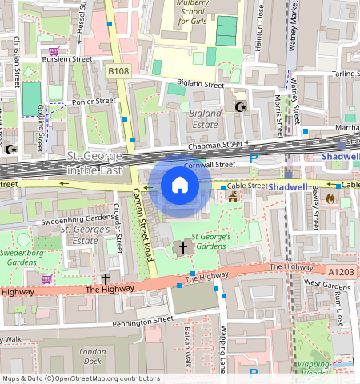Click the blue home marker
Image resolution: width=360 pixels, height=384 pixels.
180,186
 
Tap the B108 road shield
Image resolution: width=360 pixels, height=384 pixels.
118,71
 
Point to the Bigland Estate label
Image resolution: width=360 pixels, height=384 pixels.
204,119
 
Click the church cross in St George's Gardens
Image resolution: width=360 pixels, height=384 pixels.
182,248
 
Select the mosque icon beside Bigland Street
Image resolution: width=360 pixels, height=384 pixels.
239,106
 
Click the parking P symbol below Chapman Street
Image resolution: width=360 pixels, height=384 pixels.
254,158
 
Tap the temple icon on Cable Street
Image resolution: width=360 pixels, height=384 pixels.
233,196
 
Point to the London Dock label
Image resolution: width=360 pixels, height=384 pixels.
93,356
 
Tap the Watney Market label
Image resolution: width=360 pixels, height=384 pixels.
294,24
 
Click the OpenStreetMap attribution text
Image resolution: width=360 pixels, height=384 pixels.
81,378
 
